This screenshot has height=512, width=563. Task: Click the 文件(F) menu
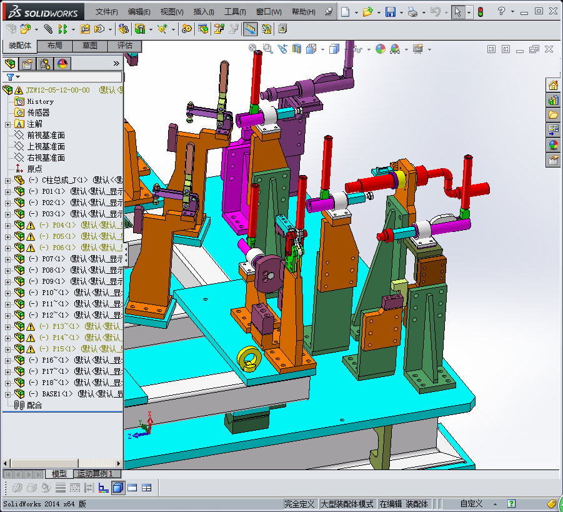point(107,12)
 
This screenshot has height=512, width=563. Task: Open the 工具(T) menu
point(235,12)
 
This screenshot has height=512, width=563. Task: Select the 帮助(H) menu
point(303,12)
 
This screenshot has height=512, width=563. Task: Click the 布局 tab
point(54,46)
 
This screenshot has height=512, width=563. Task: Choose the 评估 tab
point(124,46)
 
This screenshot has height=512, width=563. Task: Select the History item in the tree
point(40,101)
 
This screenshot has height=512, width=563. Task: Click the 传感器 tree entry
point(38,113)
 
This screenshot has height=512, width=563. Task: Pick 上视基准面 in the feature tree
point(46,146)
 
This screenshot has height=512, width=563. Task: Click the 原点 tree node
point(35,169)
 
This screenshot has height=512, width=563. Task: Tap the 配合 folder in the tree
point(35,405)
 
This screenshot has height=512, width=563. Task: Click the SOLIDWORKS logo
point(43,12)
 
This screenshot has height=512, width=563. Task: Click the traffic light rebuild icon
point(481,12)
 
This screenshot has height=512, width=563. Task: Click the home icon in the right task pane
point(553,86)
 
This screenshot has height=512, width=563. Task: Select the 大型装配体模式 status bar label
point(347,504)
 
